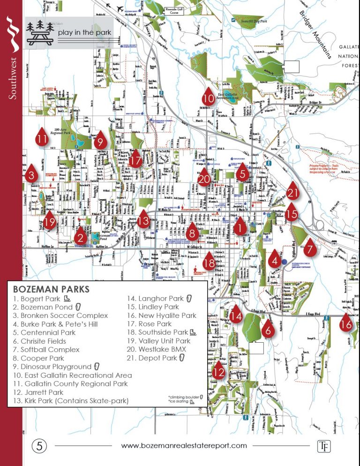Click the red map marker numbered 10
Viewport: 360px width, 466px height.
(x=208, y=97)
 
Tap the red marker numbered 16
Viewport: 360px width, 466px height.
(x=346, y=323)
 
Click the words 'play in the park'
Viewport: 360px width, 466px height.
(x=85, y=32)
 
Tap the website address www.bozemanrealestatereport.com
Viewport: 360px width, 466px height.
(x=184, y=446)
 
